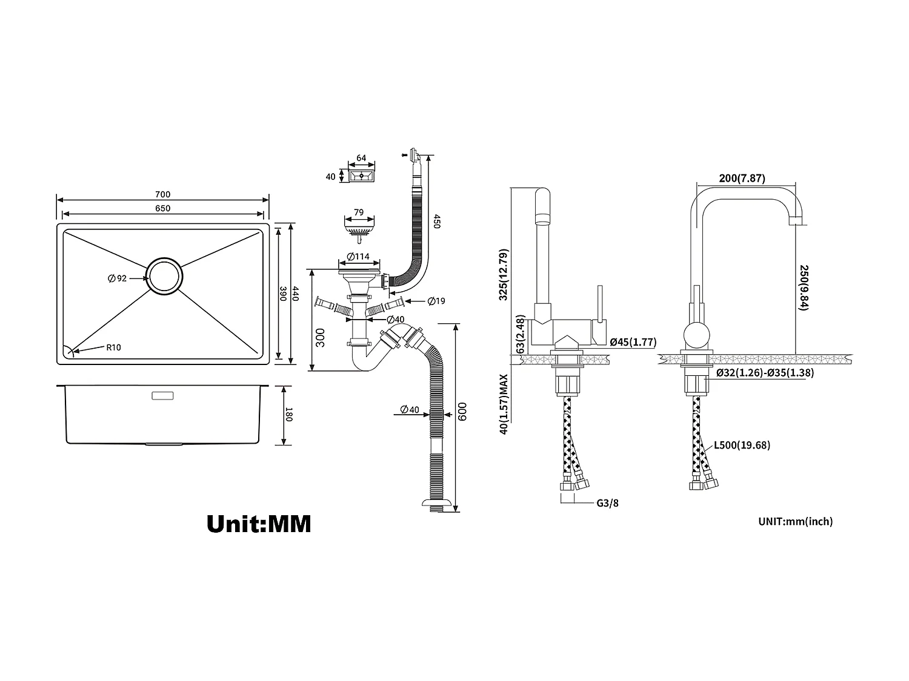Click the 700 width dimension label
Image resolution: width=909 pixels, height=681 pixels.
pyautogui.click(x=162, y=194)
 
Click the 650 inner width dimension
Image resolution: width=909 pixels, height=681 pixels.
pyautogui.click(x=162, y=208)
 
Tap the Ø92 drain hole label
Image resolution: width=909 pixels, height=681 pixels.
pyautogui.click(x=118, y=278)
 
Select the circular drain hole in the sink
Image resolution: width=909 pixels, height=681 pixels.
pyautogui.click(x=164, y=276)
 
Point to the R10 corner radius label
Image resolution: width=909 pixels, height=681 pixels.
pyautogui.click(x=113, y=347)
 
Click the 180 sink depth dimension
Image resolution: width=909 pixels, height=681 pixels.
pyautogui.click(x=289, y=416)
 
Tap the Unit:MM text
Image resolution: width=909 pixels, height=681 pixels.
pyautogui.click(x=259, y=524)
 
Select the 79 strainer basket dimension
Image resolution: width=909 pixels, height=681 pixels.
pyautogui.click(x=358, y=212)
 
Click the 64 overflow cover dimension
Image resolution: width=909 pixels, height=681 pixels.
pyautogui.click(x=361, y=158)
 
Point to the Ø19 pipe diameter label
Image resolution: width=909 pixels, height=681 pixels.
pyautogui.click(x=436, y=301)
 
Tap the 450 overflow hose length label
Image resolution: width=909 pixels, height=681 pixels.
pyautogui.click(x=436, y=222)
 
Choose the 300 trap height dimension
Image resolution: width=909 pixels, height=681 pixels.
pyautogui.click(x=321, y=337)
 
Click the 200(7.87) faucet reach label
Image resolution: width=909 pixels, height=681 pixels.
pyautogui.click(x=742, y=178)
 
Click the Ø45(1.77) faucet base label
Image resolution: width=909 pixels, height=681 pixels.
pyautogui.click(x=633, y=342)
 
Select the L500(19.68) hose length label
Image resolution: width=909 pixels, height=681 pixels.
pyautogui.click(x=742, y=446)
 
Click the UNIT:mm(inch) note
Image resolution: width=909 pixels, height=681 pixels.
pyautogui.click(x=795, y=521)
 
